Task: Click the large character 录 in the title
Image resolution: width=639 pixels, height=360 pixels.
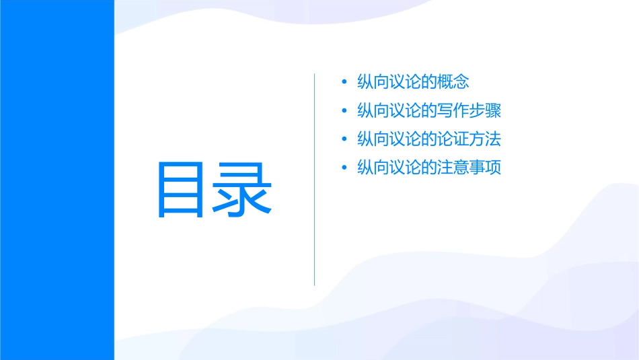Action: click(243, 190)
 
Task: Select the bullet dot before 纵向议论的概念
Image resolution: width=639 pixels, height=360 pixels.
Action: click(345, 83)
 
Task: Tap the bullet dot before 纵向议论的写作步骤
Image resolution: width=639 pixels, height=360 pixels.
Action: click(345, 111)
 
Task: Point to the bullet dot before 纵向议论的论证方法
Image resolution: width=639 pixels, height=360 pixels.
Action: click(345, 140)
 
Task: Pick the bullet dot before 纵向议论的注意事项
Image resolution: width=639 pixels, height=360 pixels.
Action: click(345, 168)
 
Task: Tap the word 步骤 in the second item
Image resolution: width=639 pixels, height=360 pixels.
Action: click(486, 111)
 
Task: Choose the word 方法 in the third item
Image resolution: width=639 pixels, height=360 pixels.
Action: click(486, 139)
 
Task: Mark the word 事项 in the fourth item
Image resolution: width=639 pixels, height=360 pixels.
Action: click(486, 168)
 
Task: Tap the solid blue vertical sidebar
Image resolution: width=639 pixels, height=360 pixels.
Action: click(57, 180)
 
